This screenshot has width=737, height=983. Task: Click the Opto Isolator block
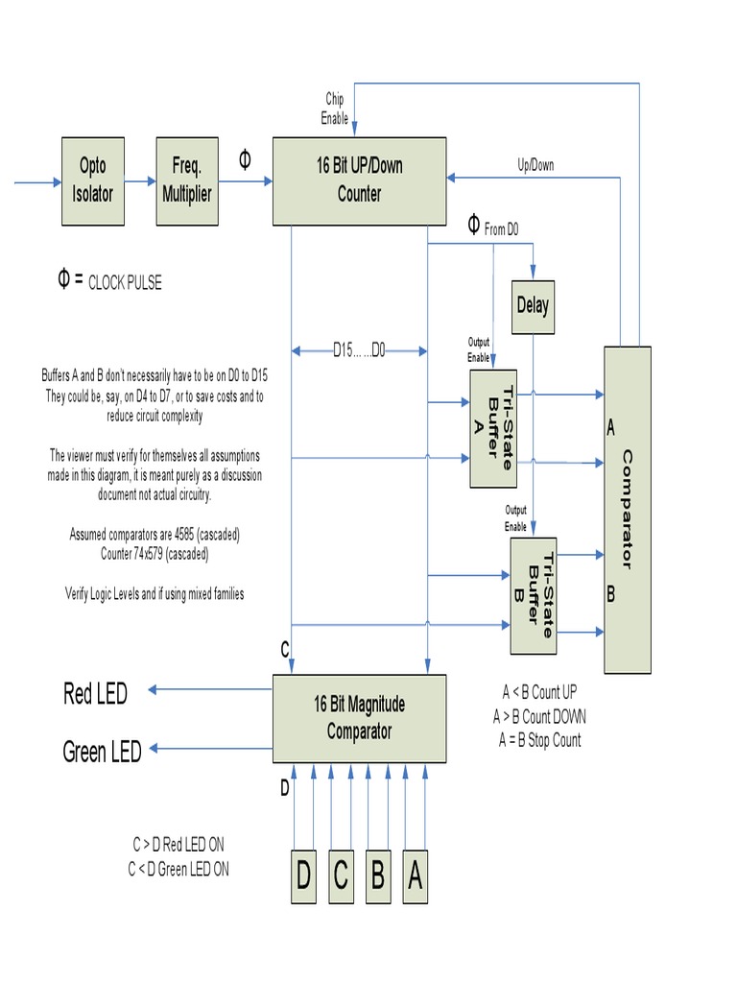point(93,180)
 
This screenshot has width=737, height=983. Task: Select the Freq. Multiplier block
point(187,180)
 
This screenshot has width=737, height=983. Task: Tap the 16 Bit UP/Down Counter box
point(359,180)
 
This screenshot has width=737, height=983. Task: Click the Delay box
point(533,306)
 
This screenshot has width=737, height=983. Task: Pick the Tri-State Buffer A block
point(493,428)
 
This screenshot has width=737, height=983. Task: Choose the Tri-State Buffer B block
point(534,595)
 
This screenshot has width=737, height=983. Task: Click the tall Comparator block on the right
point(628,509)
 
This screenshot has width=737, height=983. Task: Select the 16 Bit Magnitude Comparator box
point(359,718)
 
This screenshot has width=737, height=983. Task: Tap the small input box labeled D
point(303,876)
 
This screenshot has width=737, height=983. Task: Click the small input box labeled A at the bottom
point(415,876)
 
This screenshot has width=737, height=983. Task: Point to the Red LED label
point(95,693)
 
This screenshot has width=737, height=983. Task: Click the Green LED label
point(102,752)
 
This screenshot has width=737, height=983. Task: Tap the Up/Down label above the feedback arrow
point(535,165)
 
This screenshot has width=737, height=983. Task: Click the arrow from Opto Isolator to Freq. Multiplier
point(139,180)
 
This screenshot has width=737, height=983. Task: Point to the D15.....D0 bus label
point(359,350)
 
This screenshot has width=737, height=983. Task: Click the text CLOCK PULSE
point(125,283)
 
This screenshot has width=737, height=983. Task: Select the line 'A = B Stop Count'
point(539,740)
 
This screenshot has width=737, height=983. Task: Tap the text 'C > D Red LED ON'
point(178,845)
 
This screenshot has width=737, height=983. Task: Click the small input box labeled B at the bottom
point(377,876)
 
